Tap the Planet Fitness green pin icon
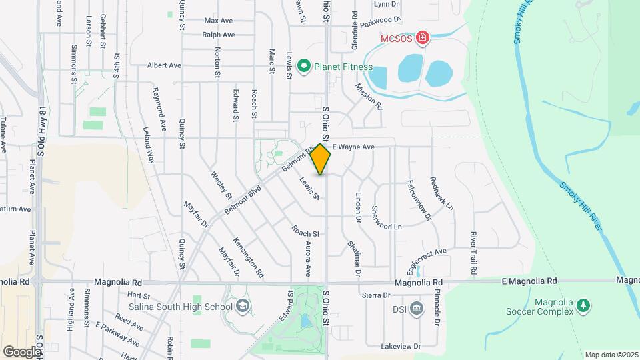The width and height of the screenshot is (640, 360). [304, 66]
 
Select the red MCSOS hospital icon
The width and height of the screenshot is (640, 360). [421, 38]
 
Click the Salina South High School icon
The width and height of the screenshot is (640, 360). [243, 307]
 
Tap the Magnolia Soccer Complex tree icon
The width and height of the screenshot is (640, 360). [583, 305]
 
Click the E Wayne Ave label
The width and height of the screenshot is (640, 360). [354, 147]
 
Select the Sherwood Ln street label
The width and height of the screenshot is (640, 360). [389, 227]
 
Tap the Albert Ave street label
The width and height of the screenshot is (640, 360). [164, 65]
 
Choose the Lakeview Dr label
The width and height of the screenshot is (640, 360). [402, 347]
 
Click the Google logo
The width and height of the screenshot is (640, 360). [22, 351]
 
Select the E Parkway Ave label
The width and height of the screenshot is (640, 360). [117, 334]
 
